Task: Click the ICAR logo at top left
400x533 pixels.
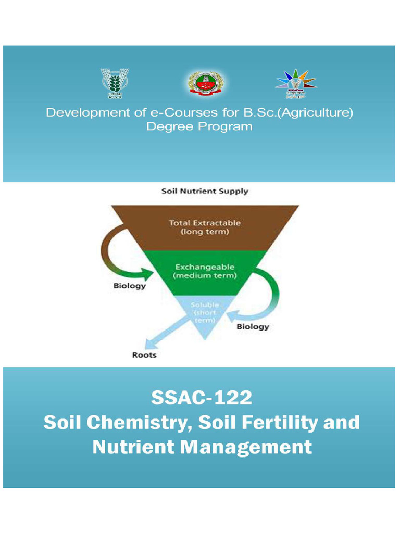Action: [x=115, y=83]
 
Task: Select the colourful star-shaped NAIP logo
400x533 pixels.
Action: [x=295, y=84]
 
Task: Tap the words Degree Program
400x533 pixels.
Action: [x=199, y=126]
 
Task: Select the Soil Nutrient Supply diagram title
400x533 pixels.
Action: [x=205, y=191]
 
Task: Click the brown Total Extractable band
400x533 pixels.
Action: [x=205, y=227]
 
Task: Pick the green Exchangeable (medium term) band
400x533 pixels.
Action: [x=205, y=271]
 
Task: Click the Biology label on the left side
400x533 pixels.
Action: [x=130, y=286]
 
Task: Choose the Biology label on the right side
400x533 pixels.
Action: [x=253, y=327]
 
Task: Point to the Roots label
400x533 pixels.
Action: [x=144, y=356]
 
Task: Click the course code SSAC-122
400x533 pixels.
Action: [x=201, y=398]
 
